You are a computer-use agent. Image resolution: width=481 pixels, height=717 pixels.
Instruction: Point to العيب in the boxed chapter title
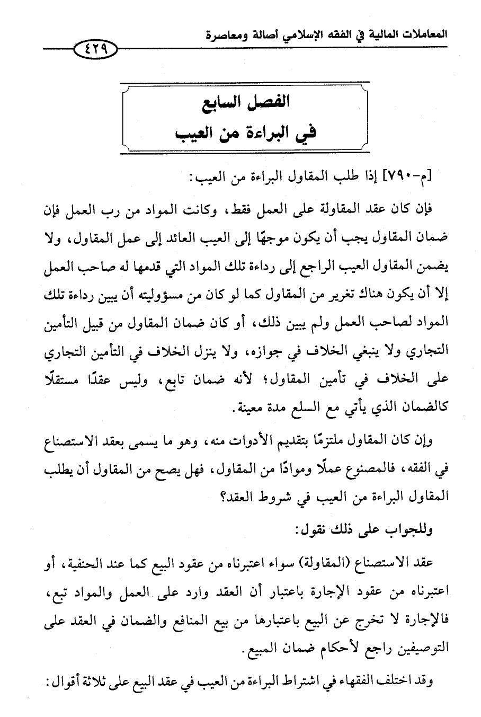coord(197,131)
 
